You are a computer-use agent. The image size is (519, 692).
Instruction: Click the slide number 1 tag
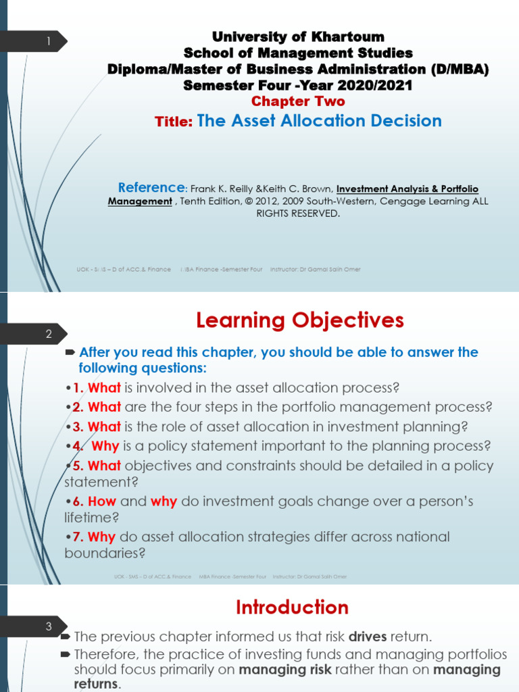click(49, 42)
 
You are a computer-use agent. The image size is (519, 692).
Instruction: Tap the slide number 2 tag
click(49, 334)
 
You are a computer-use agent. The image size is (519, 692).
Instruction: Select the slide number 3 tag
click(49, 626)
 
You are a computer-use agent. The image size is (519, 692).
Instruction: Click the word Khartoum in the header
click(353, 36)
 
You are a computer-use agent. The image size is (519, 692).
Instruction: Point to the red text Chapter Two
click(298, 101)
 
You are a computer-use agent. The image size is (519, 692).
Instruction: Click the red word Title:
click(174, 122)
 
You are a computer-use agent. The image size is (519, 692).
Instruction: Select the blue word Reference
click(151, 188)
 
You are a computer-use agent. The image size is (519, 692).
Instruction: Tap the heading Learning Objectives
click(300, 320)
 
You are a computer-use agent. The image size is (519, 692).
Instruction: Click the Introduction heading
click(292, 608)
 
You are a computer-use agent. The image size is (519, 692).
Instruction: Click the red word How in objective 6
click(103, 502)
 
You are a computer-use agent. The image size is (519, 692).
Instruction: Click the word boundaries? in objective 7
click(105, 553)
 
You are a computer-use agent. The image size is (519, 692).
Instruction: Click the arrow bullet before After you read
click(70, 353)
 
